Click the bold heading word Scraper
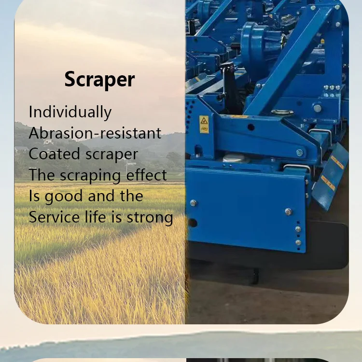[99, 79]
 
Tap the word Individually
[70, 112]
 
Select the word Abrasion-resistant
[95, 133]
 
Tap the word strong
[150, 218]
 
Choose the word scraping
[92, 176]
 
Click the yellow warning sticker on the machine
[204, 124]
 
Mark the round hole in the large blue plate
[193, 223]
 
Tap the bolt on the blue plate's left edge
[194, 203]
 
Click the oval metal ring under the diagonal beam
[282, 112]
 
